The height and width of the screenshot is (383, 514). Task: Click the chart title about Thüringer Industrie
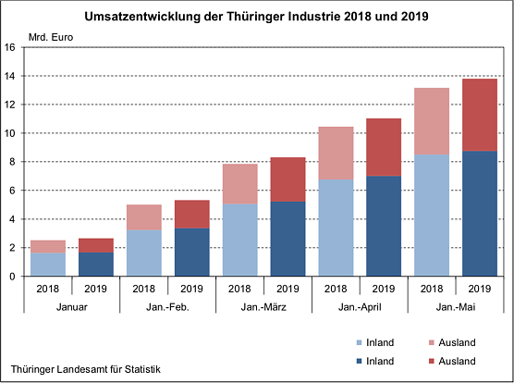[x=256, y=17]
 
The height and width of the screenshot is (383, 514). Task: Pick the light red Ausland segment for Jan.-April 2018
[x=335, y=153]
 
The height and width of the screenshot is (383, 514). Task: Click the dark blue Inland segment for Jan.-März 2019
[x=288, y=238]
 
